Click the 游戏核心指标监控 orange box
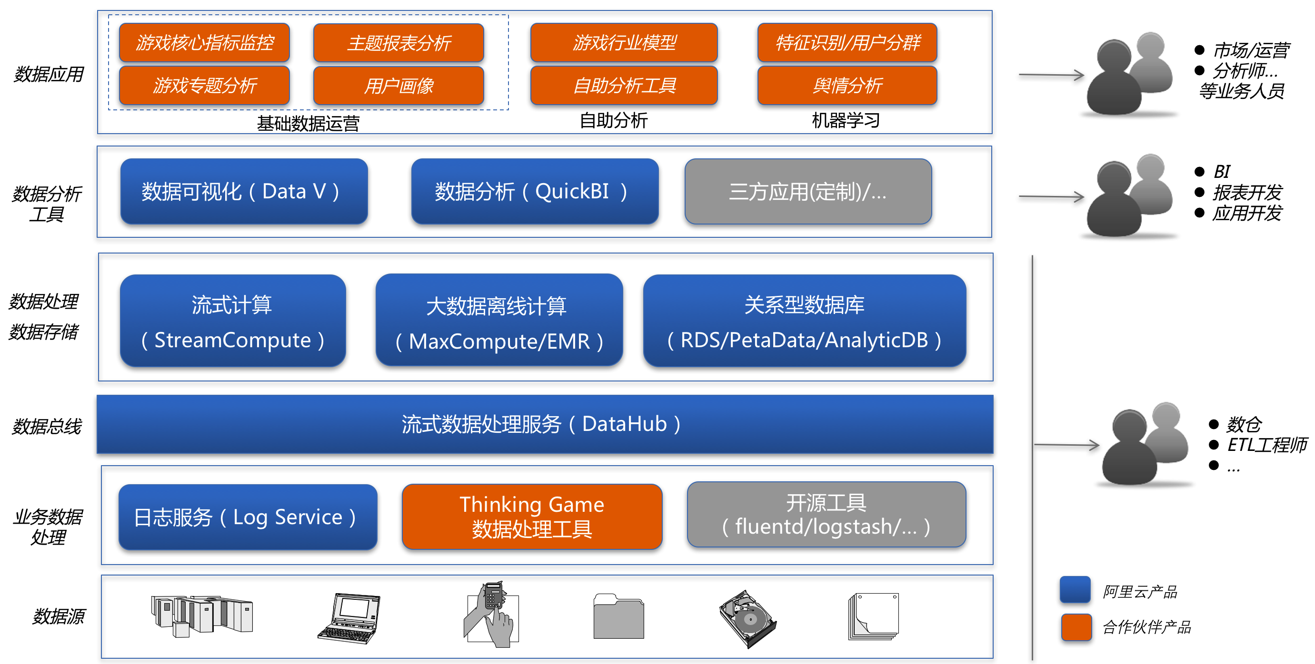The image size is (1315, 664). [204, 42]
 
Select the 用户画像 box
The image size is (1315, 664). [398, 86]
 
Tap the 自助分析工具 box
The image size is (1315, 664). [624, 86]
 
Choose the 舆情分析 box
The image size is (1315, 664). [847, 86]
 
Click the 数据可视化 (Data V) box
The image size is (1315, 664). [244, 191]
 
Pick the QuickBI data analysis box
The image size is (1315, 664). [535, 191]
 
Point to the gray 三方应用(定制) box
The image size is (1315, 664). [808, 191]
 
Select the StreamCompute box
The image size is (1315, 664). [233, 320]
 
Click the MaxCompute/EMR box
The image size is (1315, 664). [499, 320]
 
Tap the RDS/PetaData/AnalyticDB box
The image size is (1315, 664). [805, 320]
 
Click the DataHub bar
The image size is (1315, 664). [545, 424]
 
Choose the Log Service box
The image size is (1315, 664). [248, 517]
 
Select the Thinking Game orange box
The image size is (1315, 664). [532, 517]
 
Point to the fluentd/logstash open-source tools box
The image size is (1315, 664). [827, 515]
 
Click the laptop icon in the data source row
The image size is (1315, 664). [349, 618]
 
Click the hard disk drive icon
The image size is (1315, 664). [748, 619]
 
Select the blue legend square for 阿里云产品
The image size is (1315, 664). [1075, 590]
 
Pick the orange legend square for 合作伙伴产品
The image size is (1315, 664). [1076, 627]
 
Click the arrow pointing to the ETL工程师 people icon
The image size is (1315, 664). [1066, 445]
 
